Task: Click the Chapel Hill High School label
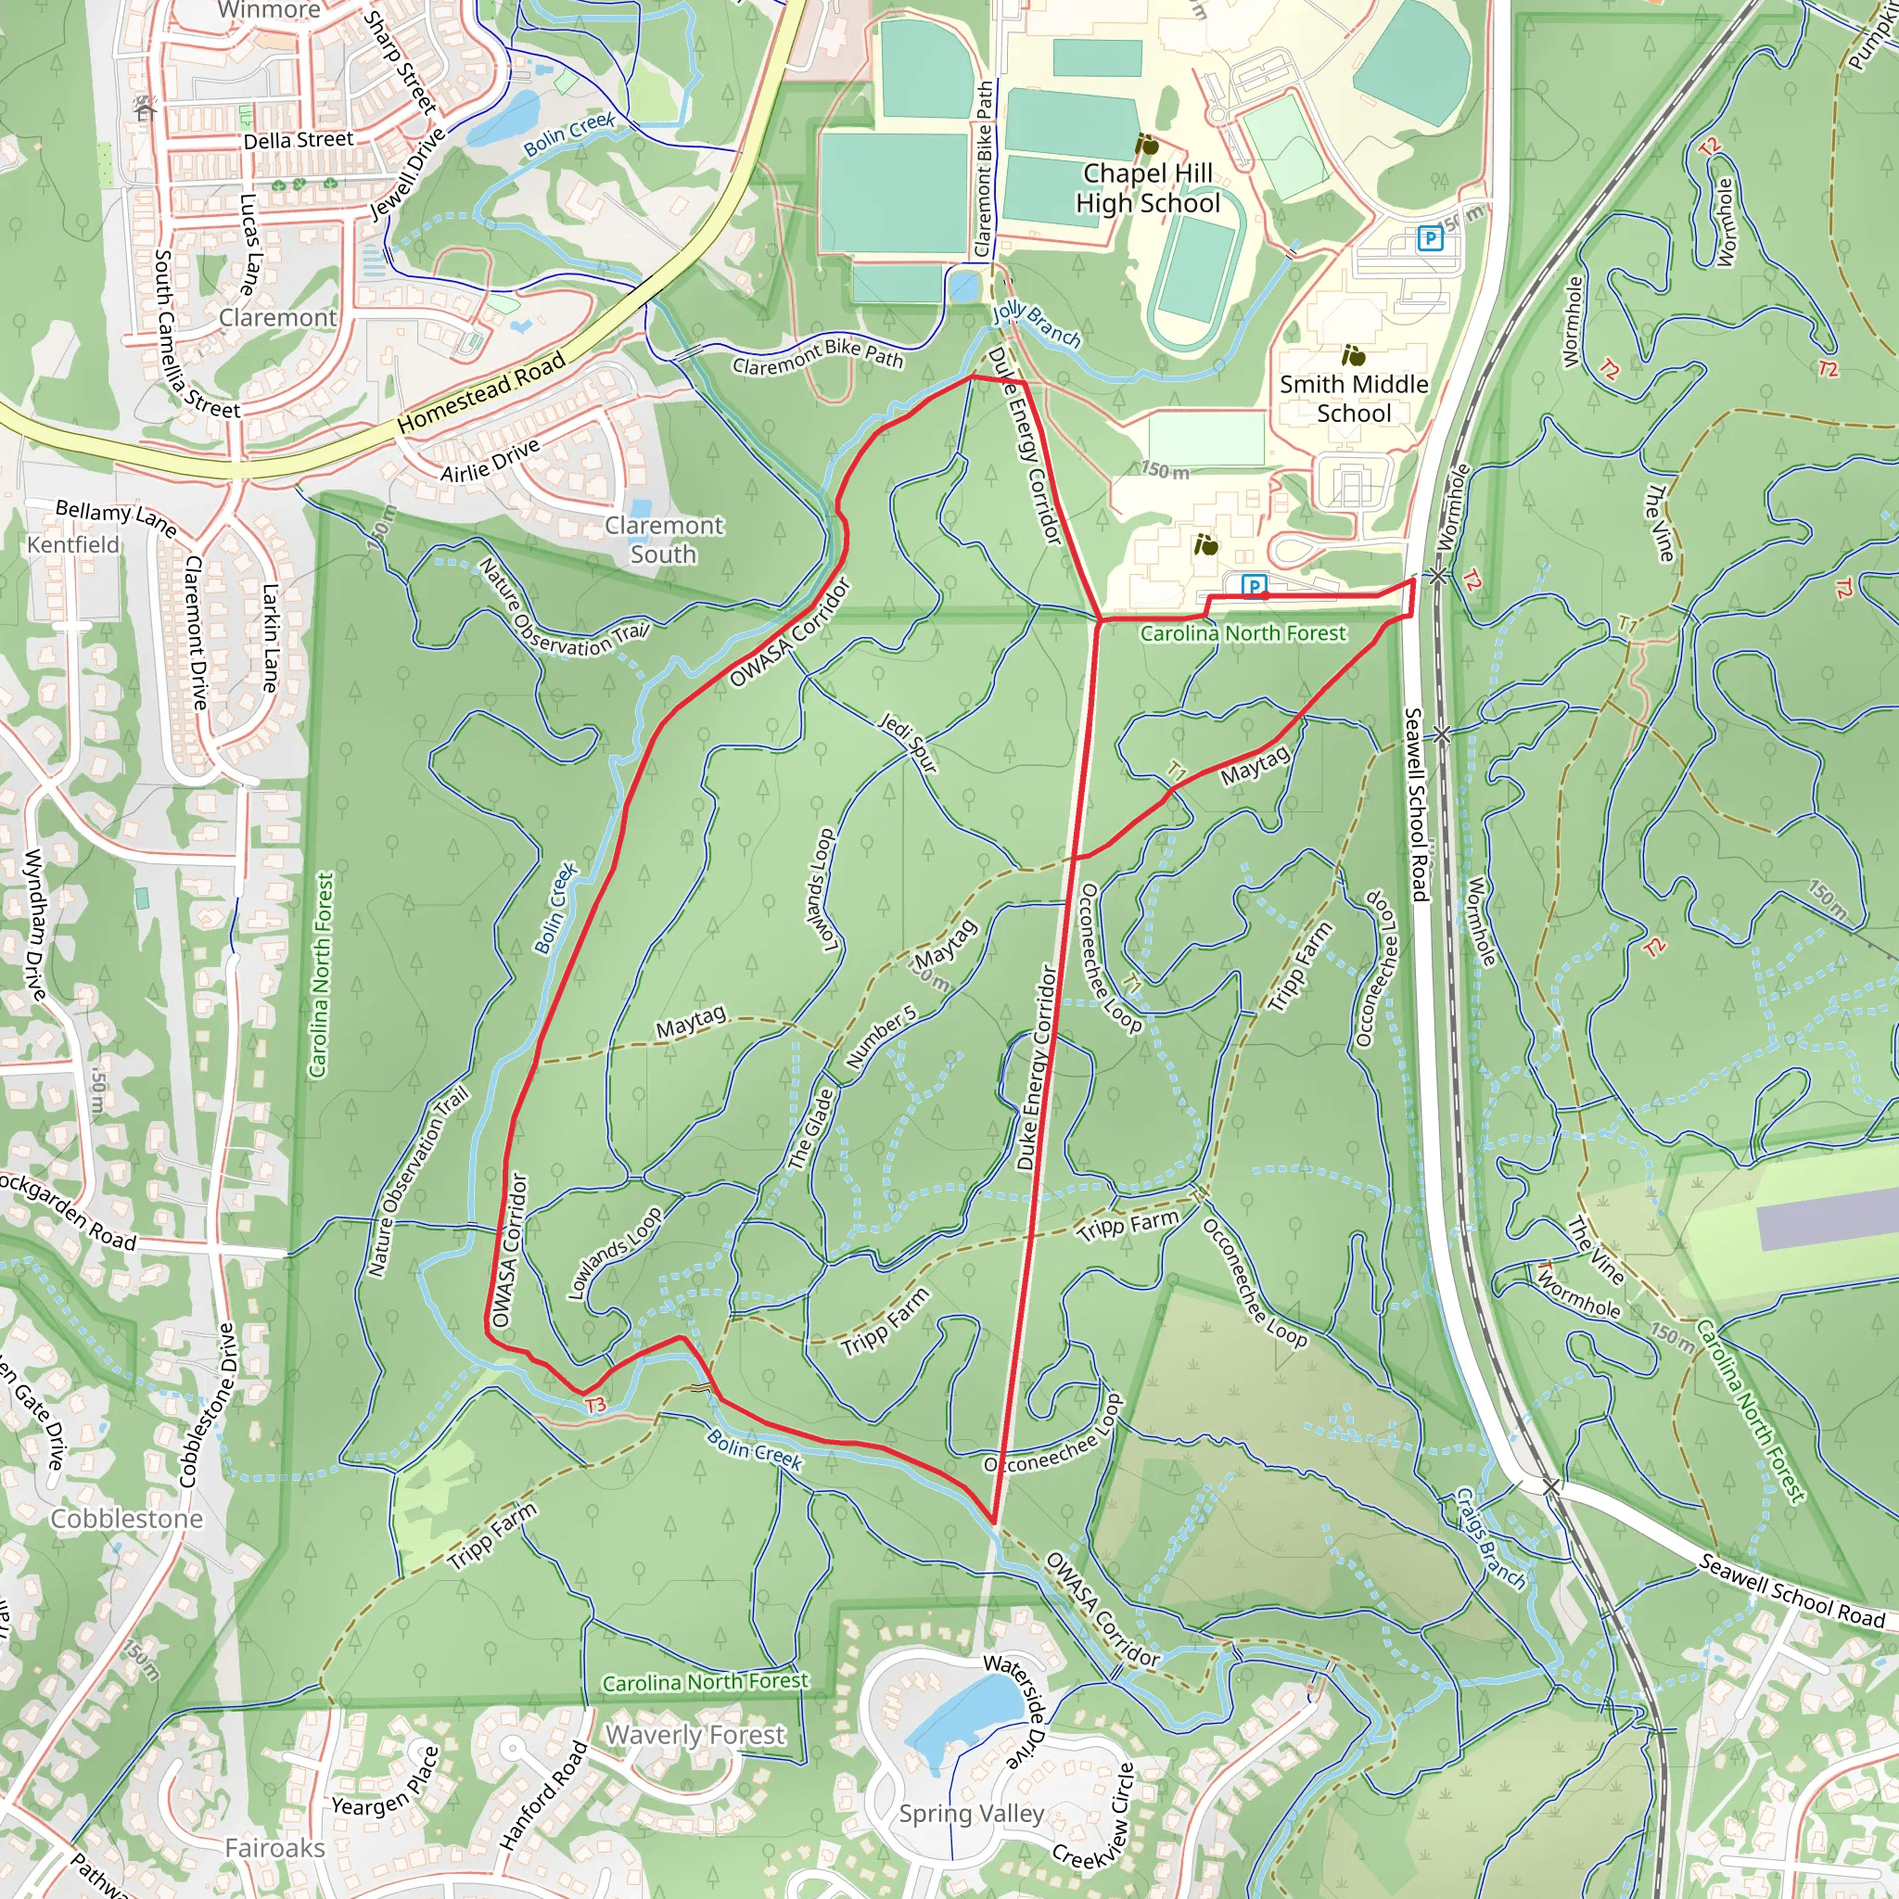(x=1147, y=187)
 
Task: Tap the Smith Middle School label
(x=1354, y=398)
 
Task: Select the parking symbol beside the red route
(x=1254, y=587)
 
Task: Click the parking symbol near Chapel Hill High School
(x=1430, y=238)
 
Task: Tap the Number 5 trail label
(x=881, y=1037)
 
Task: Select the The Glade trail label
(x=811, y=1128)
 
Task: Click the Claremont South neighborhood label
(x=664, y=540)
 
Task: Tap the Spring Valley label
(x=971, y=1814)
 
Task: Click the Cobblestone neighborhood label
(x=127, y=1519)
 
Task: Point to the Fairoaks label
(x=274, y=1848)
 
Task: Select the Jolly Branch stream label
(x=1036, y=325)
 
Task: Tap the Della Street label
(x=298, y=141)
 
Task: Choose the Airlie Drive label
(x=490, y=460)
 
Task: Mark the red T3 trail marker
(x=595, y=1406)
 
